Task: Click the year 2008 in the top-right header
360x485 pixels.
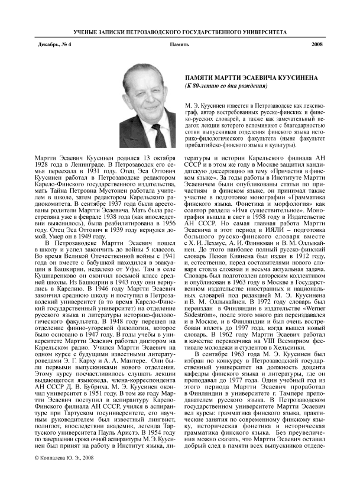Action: (317, 45)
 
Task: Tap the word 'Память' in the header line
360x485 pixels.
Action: (179, 45)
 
